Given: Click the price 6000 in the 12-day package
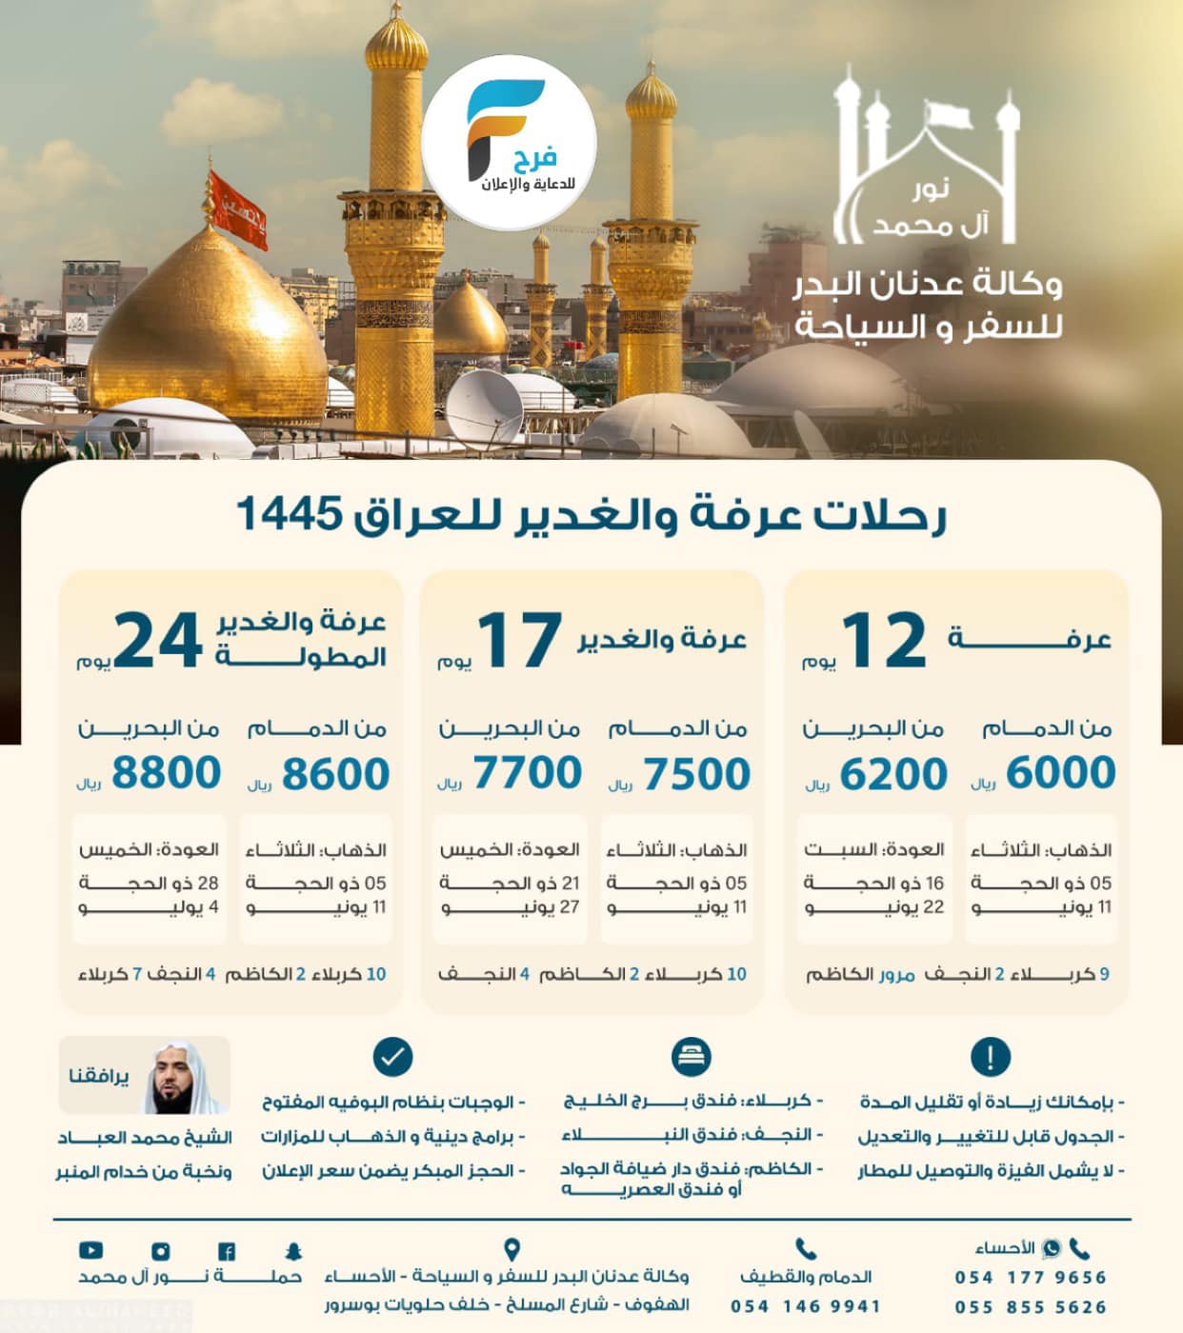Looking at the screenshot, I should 1060,772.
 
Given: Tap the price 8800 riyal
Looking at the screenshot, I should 167,772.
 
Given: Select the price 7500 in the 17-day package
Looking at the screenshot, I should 696,773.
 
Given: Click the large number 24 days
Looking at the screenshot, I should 158,641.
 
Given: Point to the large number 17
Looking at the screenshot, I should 519,641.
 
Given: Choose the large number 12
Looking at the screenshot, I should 883,641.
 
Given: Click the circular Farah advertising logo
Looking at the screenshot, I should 510,141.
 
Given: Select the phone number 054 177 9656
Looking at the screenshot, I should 1031,1278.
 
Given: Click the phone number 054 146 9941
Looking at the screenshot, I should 806,1306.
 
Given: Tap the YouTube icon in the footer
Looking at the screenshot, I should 91,1250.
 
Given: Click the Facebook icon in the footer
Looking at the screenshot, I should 227,1251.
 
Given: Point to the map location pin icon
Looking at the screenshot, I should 511,1249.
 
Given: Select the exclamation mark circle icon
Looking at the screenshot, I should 991,1057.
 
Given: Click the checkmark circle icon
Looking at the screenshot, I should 392,1057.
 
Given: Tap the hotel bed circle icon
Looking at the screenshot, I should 691,1057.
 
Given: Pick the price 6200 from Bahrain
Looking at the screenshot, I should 892,773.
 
